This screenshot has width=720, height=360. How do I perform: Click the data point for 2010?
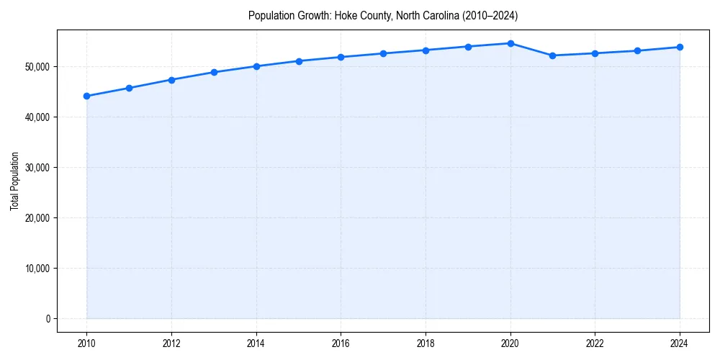pos(86,96)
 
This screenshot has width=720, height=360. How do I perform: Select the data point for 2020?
pos(510,43)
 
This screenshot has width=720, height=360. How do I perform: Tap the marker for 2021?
pos(552,55)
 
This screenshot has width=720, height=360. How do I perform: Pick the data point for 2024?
pos(680,48)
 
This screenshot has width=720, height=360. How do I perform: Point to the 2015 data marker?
pos(299,61)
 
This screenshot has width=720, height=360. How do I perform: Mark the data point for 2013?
pos(214,72)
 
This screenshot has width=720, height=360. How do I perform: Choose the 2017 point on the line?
pos(383,53)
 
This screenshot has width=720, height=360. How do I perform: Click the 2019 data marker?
pos(468,47)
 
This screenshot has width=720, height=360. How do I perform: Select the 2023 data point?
pos(637,51)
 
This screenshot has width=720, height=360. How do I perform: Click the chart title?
pos(383,15)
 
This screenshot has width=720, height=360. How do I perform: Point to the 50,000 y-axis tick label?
pos(35,67)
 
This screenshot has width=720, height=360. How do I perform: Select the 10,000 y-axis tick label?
pos(35,269)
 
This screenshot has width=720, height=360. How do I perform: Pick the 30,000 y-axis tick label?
pos(35,168)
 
